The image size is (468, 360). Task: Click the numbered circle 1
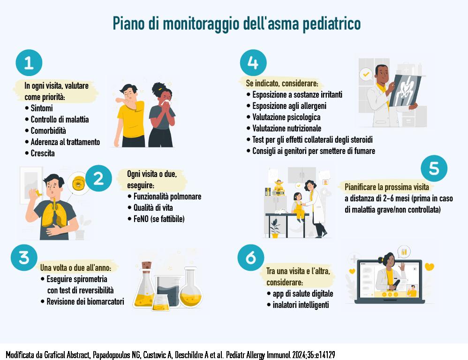coord(29,63)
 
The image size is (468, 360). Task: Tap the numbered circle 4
coord(253,63)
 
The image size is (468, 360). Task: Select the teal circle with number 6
coord(251,258)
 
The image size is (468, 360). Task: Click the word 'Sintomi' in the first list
coord(42,108)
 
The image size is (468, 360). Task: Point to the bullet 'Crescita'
coord(40,153)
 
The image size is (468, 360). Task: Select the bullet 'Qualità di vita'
coord(150,207)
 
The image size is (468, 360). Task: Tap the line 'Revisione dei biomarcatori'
coord(83,301)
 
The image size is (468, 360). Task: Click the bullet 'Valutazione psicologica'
coord(284,117)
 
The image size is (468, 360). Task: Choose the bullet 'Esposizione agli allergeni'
coord(287,106)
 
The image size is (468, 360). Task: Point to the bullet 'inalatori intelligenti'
coord(298,305)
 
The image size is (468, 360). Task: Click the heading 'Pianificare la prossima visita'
coord(387,187)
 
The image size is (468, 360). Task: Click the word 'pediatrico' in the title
coord(332,23)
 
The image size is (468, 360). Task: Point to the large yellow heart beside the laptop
coord(429,267)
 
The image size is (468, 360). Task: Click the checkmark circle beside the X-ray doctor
coord(366,74)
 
